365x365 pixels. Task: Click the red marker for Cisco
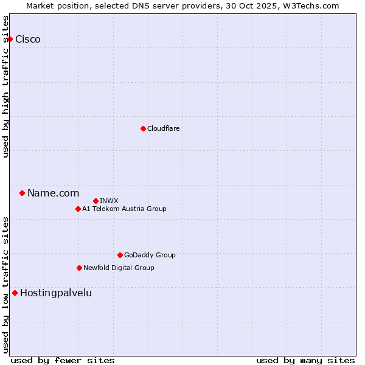click(10, 40)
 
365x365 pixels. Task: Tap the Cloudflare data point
click(143, 128)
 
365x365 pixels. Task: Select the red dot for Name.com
click(22, 193)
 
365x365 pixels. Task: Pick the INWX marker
click(96, 201)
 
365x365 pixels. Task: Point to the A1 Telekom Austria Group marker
click(78, 209)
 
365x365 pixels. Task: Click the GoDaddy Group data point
click(120, 255)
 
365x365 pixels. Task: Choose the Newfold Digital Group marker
click(79, 268)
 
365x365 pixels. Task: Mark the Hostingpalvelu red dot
click(15, 293)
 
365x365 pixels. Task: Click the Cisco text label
click(28, 40)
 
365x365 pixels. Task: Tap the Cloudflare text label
click(163, 129)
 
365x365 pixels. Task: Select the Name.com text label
click(53, 193)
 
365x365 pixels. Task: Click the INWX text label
click(109, 201)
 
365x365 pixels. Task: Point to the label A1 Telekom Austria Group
click(124, 209)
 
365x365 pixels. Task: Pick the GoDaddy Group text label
click(150, 255)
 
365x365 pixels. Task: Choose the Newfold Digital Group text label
click(119, 268)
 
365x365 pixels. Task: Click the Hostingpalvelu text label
click(56, 293)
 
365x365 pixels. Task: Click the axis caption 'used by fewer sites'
click(63, 360)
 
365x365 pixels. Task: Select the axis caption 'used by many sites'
click(305, 360)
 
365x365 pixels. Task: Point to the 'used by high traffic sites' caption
click(6, 86)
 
